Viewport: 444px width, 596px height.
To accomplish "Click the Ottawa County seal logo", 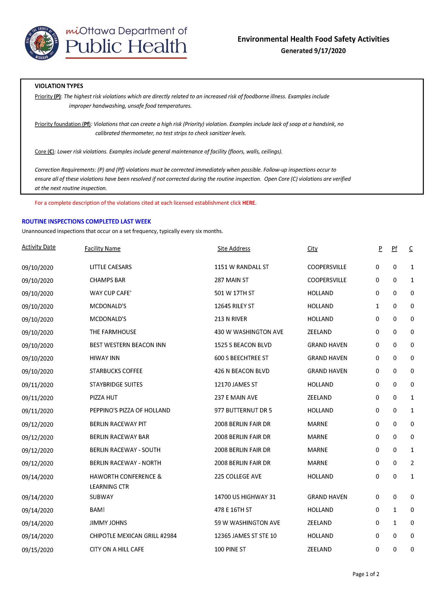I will (x=42, y=43).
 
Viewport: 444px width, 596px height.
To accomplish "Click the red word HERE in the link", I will (x=249, y=203).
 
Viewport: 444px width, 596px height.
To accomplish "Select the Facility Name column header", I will (x=103, y=249).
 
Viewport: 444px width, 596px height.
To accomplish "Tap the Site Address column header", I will (x=234, y=249).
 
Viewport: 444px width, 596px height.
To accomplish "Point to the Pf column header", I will (x=394, y=249).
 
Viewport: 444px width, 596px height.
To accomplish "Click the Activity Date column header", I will (x=38, y=247).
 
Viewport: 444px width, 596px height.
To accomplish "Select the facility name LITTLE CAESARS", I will (x=111, y=267).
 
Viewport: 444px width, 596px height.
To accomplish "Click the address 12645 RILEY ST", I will (x=234, y=306).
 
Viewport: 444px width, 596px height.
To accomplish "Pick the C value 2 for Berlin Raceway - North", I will (x=412, y=463).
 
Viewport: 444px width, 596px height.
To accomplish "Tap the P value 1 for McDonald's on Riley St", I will (x=378, y=306).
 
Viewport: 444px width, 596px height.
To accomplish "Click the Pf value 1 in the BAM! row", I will (x=395, y=510).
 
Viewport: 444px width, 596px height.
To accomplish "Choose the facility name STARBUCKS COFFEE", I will (x=116, y=371).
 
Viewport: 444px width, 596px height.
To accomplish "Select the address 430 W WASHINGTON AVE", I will (x=249, y=332).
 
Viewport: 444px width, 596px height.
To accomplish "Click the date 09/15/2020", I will (x=38, y=550).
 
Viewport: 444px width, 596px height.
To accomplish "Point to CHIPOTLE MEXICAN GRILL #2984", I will (x=133, y=536).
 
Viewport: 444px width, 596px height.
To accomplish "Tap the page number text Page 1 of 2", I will (x=366, y=574).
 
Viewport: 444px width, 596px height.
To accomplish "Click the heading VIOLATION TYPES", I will (x=59, y=86).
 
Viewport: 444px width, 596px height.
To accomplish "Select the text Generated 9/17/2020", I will (x=313, y=51).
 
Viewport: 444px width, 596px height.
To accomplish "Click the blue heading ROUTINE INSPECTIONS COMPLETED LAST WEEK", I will (x=86, y=221).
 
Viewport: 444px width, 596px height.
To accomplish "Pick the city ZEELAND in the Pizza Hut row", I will (x=319, y=398).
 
